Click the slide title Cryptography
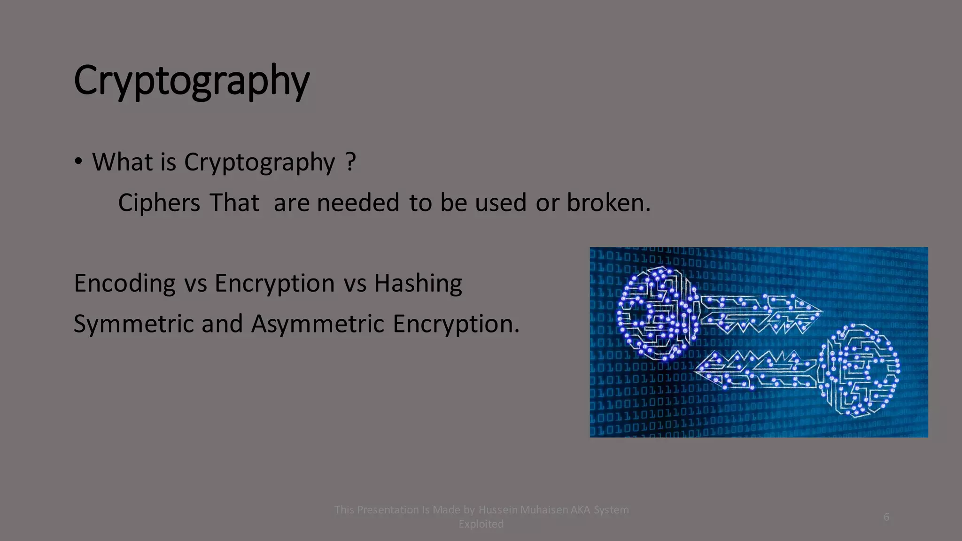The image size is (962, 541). point(192,81)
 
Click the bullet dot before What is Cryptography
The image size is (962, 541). point(78,162)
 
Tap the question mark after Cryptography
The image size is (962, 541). point(350,162)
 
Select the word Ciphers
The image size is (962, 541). point(159,203)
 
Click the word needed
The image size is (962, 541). point(358,203)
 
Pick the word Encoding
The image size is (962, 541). point(124,284)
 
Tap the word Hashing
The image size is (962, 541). point(418,284)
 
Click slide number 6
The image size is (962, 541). point(886,517)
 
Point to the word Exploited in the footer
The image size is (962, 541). point(481,524)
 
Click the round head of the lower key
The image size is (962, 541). point(860,371)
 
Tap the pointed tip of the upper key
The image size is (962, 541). point(820,311)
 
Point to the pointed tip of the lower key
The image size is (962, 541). point(698,369)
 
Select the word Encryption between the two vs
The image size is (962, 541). point(275,284)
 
